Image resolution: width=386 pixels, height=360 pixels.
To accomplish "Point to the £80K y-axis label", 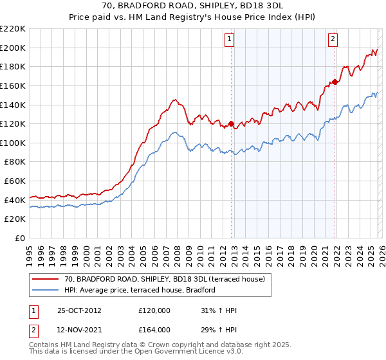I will (15, 162).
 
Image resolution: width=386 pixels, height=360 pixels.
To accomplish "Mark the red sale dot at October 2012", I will (231, 123).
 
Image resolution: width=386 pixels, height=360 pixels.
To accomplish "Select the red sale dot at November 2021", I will (335, 81).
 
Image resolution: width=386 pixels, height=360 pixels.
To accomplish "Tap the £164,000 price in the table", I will (154, 329).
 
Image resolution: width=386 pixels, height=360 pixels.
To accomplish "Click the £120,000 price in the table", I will (154, 311).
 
